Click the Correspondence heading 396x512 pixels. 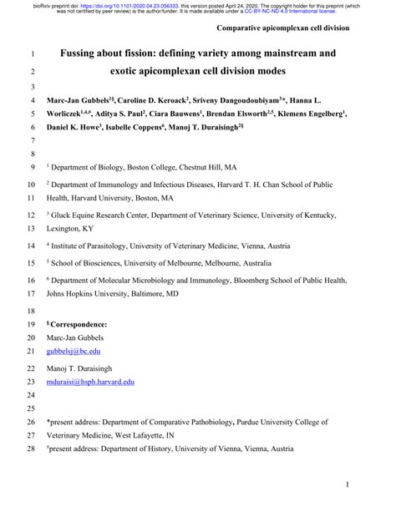click(x=79, y=323)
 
